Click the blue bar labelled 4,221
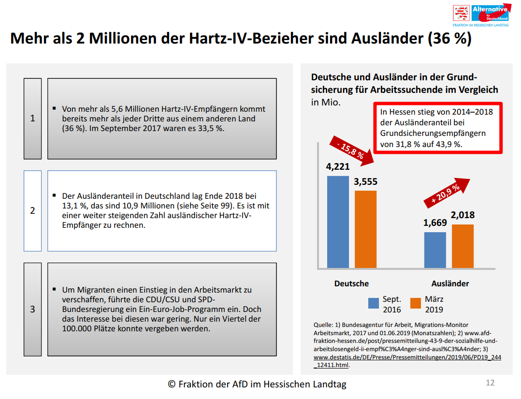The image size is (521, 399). click(x=338, y=222)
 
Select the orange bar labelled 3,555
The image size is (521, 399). click(x=365, y=229)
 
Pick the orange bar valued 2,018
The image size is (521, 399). click(x=463, y=246)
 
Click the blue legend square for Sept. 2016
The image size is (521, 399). click(x=374, y=303)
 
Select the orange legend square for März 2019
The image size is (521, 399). click(x=416, y=303)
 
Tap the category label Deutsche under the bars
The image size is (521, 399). click(x=351, y=283)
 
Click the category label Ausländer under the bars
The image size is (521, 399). click(x=450, y=283)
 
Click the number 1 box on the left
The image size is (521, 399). click(x=32, y=118)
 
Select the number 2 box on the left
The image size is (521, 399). click(x=32, y=210)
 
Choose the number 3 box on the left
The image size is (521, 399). click(x=32, y=309)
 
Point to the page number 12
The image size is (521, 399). click(x=490, y=383)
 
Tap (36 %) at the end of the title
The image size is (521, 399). click(x=449, y=39)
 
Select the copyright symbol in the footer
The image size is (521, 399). click(x=172, y=384)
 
